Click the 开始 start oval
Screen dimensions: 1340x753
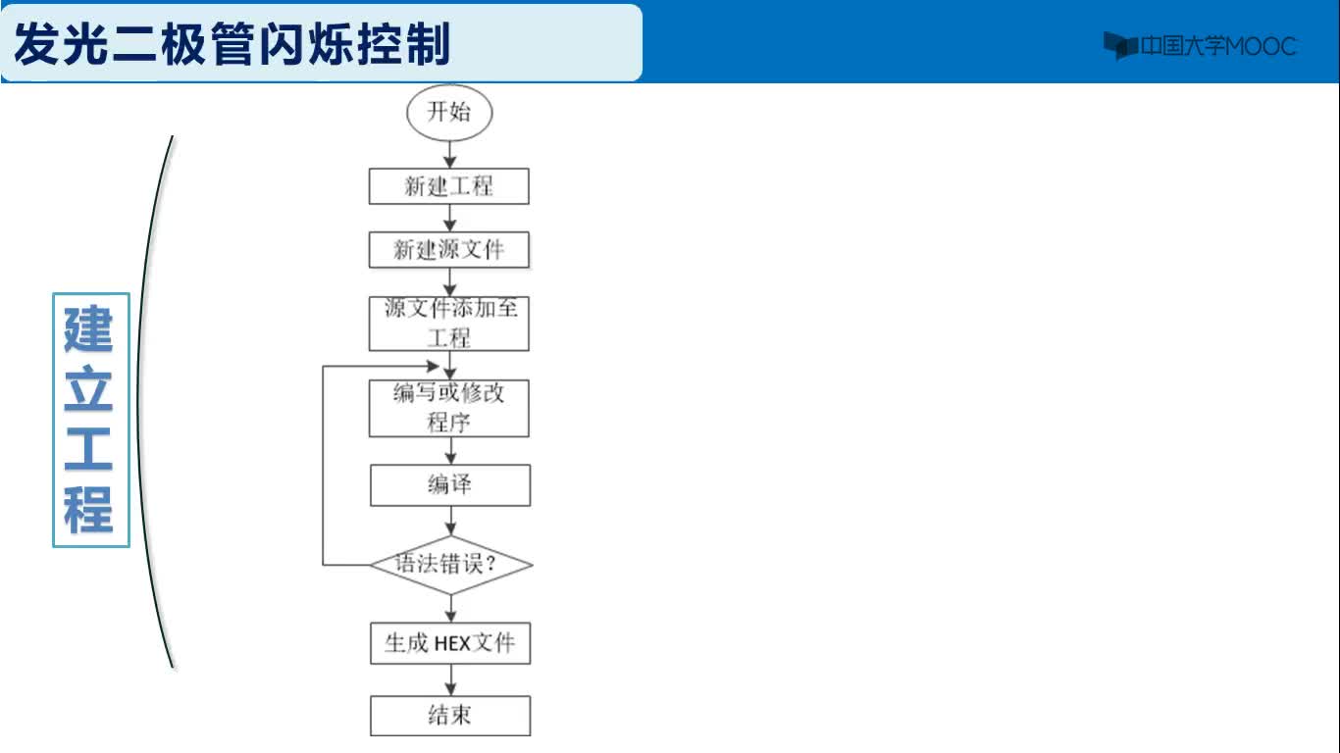(x=449, y=113)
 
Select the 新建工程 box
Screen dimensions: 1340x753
(x=448, y=186)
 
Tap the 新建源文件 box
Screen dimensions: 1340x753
(x=448, y=249)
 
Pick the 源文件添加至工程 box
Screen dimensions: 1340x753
(x=448, y=324)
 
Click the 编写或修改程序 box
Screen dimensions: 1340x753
(x=448, y=408)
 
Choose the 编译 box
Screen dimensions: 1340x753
(x=450, y=485)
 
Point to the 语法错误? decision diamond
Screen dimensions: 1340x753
(x=451, y=565)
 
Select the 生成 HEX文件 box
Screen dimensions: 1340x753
(x=450, y=643)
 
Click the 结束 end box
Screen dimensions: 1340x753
(x=450, y=716)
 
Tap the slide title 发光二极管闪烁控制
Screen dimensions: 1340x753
(x=232, y=44)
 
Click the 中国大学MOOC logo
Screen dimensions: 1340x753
(x=1200, y=46)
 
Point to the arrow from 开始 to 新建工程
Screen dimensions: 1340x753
(x=450, y=154)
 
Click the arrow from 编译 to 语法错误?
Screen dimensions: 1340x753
(x=450, y=521)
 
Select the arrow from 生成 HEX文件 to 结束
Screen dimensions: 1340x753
(x=450, y=679)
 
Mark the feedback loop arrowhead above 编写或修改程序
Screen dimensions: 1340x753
(x=433, y=366)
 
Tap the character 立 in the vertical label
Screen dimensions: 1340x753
(x=88, y=389)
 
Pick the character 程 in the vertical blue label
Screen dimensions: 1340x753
(x=88, y=510)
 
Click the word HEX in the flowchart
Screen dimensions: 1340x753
(x=452, y=643)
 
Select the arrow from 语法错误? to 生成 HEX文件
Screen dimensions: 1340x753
(x=450, y=608)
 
